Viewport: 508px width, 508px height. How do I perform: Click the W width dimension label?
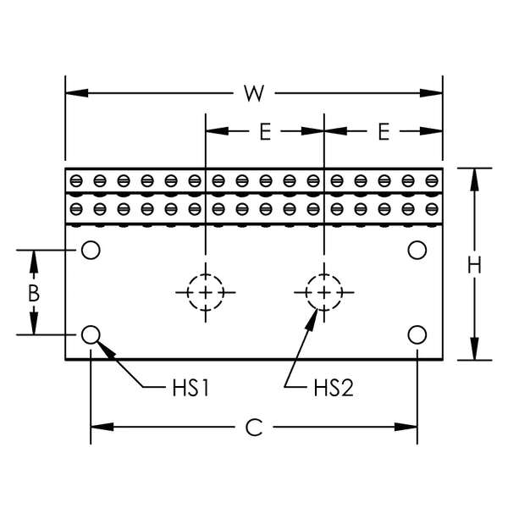point(251,93)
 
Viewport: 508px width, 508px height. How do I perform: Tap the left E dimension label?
point(264,131)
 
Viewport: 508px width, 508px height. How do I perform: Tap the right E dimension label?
point(383,131)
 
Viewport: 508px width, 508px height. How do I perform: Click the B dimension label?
point(34,293)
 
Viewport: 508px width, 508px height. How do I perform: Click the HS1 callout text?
point(190,389)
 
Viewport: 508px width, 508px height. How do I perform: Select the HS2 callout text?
point(332,389)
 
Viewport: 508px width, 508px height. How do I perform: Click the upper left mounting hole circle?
point(91,250)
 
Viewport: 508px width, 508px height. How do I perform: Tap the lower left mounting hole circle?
point(91,334)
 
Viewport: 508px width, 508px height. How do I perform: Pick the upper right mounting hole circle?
point(417,250)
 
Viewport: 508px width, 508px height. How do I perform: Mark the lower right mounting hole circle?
point(417,334)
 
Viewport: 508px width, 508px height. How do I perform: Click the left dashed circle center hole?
point(205,292)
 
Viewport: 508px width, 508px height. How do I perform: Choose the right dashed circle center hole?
point(323,292)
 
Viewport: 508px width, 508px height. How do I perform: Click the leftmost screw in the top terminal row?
point(76,180)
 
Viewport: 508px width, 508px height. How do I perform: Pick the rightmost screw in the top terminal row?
point(433,180)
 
